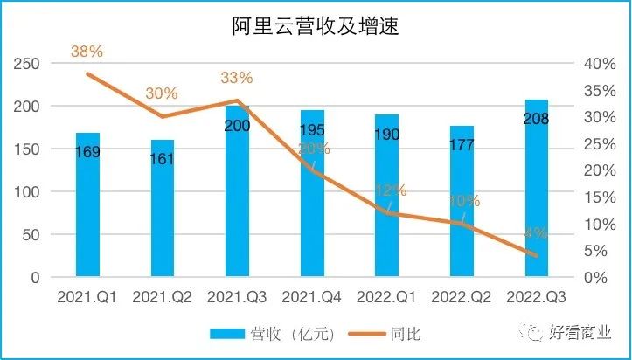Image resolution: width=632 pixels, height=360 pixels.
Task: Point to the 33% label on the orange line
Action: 236,78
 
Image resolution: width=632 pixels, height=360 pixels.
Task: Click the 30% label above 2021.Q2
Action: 162,93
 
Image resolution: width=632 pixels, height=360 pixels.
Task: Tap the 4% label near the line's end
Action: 536,233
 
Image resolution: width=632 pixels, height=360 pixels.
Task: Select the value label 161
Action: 163,158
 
